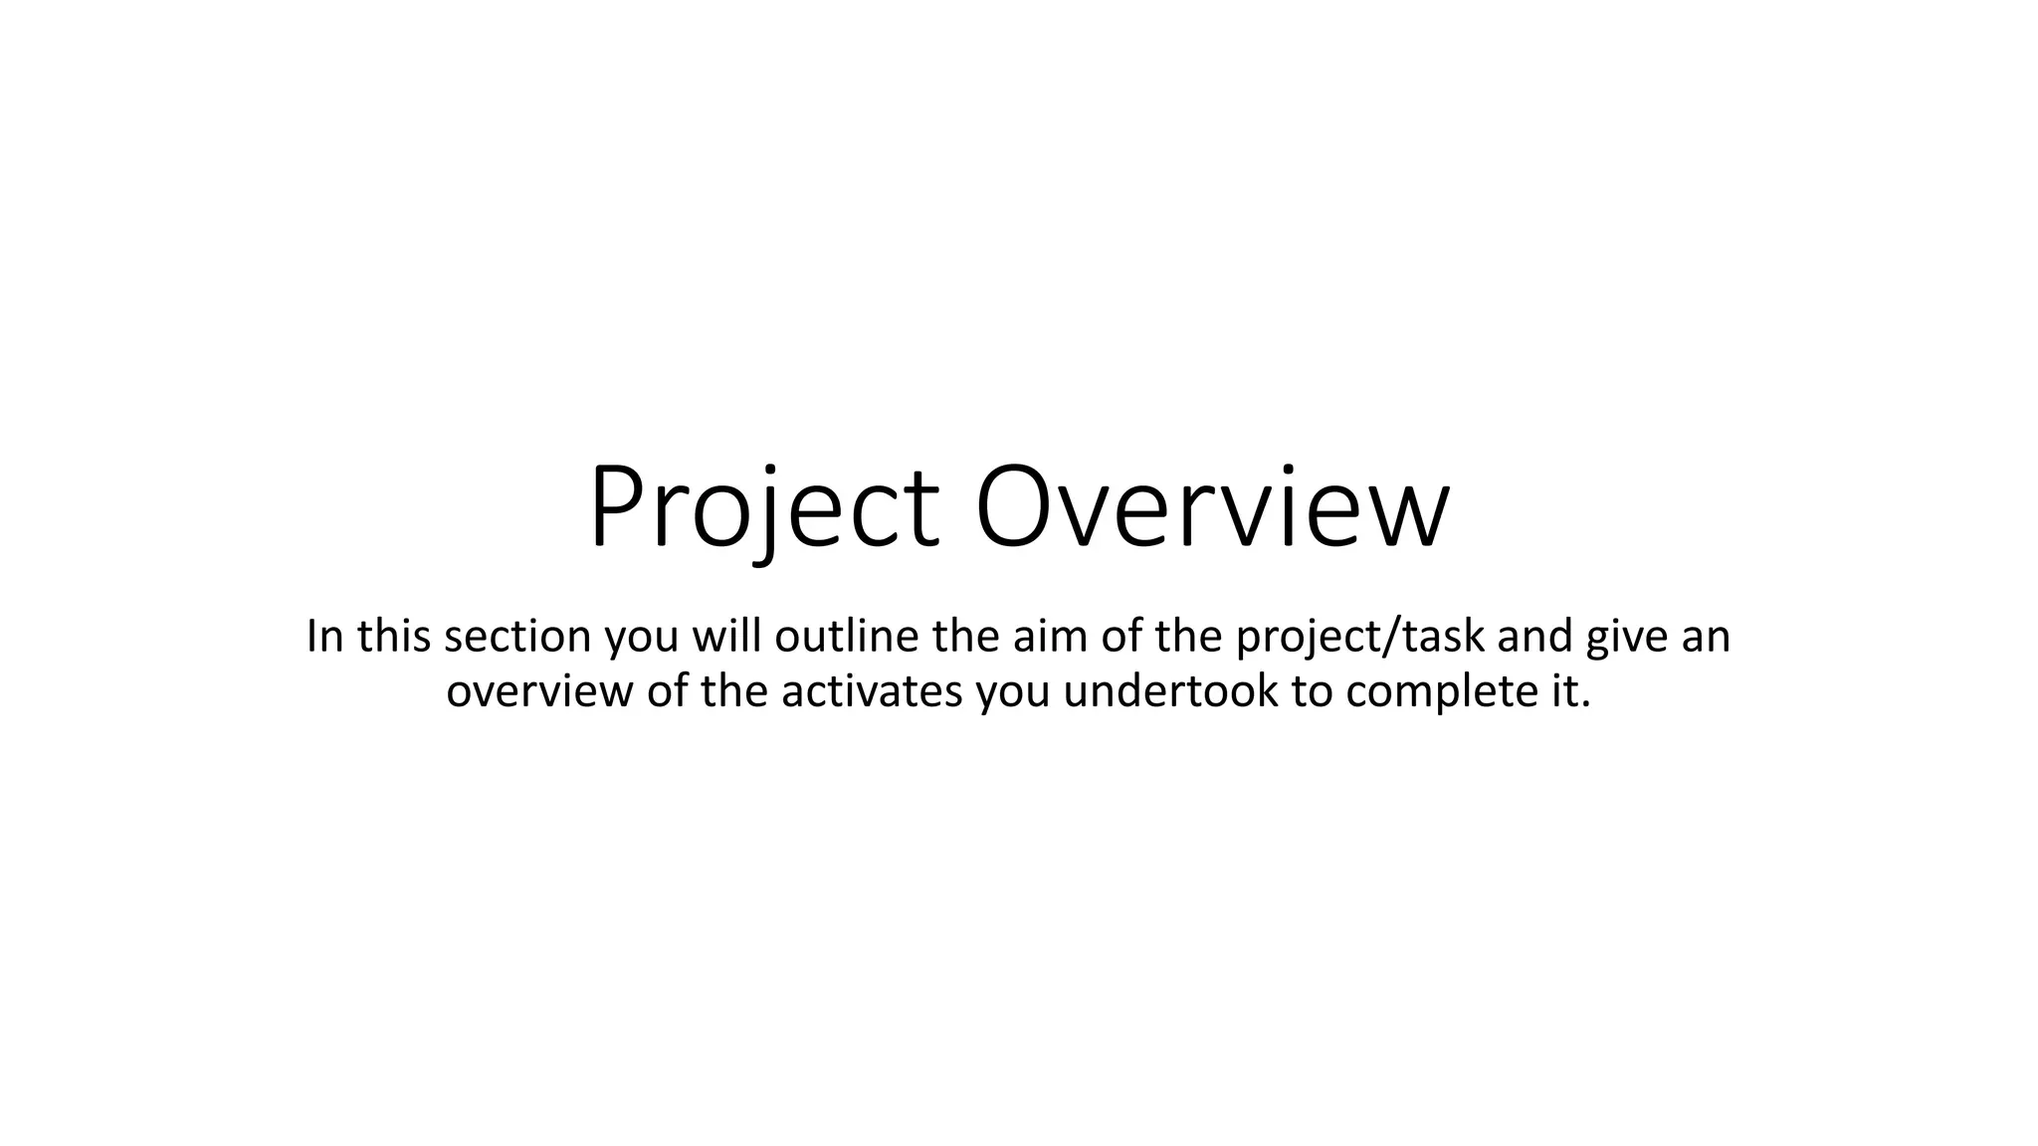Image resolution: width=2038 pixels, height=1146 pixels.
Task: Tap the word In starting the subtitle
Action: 324,636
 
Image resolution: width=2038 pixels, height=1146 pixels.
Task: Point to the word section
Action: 517,636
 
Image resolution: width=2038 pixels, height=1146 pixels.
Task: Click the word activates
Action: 872,691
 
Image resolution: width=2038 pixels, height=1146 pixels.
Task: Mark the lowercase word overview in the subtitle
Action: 539,691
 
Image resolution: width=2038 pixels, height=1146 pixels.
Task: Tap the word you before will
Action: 642,638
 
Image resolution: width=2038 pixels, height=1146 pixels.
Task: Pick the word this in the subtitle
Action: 394,636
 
